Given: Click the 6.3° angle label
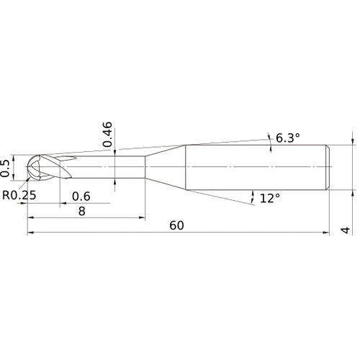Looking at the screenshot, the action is (288, 138).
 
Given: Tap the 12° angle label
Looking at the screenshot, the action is (270, 198).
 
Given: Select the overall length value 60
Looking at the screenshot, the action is (176, 225).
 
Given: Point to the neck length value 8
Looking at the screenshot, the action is (82, 211).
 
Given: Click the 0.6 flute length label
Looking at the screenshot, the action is (81, 197).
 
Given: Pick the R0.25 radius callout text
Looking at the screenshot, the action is (19, 195).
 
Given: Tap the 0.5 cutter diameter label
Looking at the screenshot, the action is (5, 168).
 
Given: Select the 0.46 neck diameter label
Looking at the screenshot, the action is (107, 134).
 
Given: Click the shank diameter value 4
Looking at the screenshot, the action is (346, 230).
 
